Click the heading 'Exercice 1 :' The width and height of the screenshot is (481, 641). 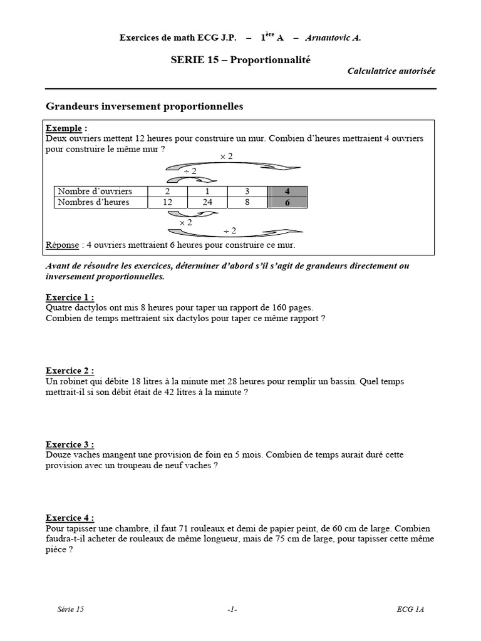[x=70, y=297]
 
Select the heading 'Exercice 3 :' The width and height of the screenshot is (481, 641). [x=70, y=444]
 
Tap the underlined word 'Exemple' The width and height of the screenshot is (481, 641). [x=64, y=128]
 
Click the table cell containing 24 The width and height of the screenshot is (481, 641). [x=207, y=202]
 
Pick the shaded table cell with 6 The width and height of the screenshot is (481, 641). [x=287, y=202]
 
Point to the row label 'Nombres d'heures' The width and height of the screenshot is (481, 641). [x=93, y=202]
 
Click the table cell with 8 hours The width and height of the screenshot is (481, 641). [x=247, y=202]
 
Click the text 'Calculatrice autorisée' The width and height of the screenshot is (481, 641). [x=391, y=71]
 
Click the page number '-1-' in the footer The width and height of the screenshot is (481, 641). [x=232, y=609]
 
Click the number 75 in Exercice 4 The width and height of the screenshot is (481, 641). [x=282, y=539]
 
